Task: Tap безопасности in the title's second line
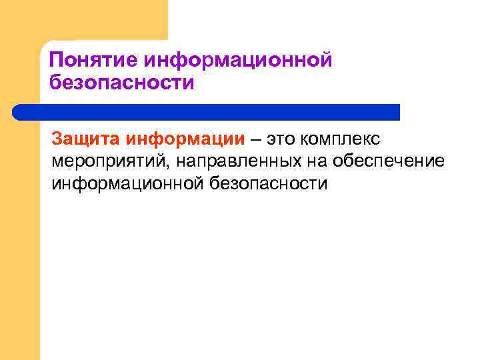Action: [x=122, y=83]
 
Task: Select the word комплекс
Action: [x=341, y=141]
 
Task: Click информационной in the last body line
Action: [x=122, y=183]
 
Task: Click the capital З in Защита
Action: [x=57, y=139]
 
